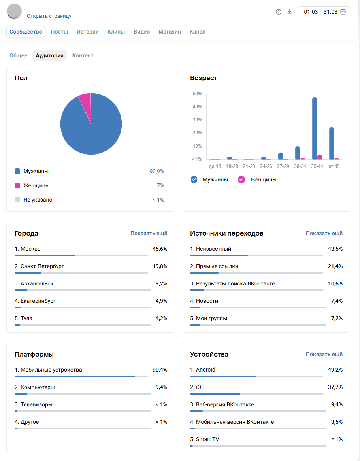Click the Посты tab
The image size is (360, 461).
(x=59, y=32)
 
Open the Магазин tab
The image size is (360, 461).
(x=170, y=32)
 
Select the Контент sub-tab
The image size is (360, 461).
(x=83, y=55)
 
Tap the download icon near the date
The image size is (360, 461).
(x=290, y=12)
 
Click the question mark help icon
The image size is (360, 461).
(x=279, y=12)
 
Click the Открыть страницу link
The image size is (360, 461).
(x=49, y=16)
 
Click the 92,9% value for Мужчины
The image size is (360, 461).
(x=156, y=171)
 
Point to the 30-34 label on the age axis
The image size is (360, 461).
(x=300, y=166)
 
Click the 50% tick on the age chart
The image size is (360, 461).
(x=197, y=94)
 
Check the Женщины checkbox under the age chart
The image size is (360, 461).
(x=241, y=179)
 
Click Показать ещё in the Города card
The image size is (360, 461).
(x=149, y=233)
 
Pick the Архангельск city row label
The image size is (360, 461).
(x=34, y=283)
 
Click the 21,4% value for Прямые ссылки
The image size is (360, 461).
(x=335, y=266)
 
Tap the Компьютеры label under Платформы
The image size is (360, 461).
(x=35, y=387)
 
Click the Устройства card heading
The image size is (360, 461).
(x=209, y=354)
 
